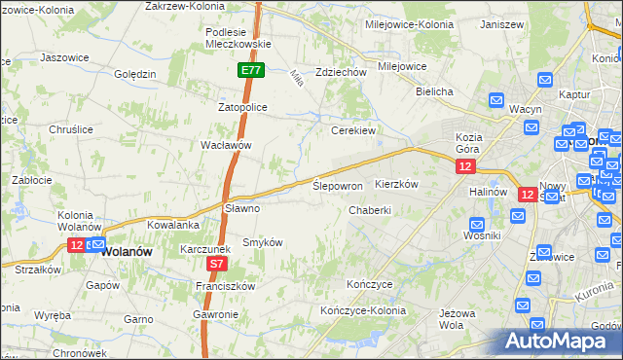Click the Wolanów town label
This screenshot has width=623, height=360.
(127, 250)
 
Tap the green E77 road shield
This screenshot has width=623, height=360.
(250, 70)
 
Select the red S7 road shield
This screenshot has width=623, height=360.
(218, 263)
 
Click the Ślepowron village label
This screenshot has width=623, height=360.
(338, 185)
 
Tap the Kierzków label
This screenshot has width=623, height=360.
(396, 184)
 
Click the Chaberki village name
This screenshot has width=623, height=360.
(370, 209)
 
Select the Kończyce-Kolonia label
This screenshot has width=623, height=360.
(363, 310)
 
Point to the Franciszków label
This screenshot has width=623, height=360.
(225, 286)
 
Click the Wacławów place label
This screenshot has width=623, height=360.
(226, 145)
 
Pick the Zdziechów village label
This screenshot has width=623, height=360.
(341, 72)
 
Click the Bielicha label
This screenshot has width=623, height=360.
(434, 91)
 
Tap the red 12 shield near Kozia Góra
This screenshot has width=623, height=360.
(465, 167)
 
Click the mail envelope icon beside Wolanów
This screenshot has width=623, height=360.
(95, 243)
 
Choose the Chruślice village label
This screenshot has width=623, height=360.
(70, 129)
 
